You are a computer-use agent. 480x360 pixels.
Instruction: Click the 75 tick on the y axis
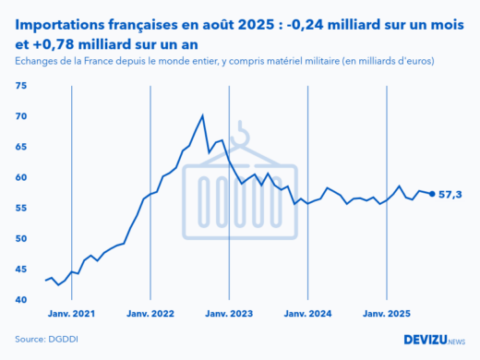[x=22, y=86]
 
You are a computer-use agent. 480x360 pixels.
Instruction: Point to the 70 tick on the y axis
[x=22, y=116]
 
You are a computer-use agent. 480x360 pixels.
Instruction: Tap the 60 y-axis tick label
[x=22, y=177]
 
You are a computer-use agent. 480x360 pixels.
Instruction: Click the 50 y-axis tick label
[x=22, y=238]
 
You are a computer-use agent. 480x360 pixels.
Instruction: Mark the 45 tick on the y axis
[x=22, y=269]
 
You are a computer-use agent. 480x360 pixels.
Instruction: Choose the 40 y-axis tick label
[x=22, y=300]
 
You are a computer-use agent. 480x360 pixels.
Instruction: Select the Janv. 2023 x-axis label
[x=228, y=314]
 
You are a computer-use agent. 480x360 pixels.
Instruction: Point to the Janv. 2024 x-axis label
[x=307, y=314]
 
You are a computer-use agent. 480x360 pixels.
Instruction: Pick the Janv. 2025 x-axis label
[x=386, y=314]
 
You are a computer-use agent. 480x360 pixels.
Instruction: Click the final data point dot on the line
[x=432, y=194]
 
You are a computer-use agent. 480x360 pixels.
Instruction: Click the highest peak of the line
[x=202, y=116]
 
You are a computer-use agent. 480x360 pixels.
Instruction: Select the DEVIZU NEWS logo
[x=434, y=340]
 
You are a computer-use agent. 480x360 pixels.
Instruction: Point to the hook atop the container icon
[x=243, y=136]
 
